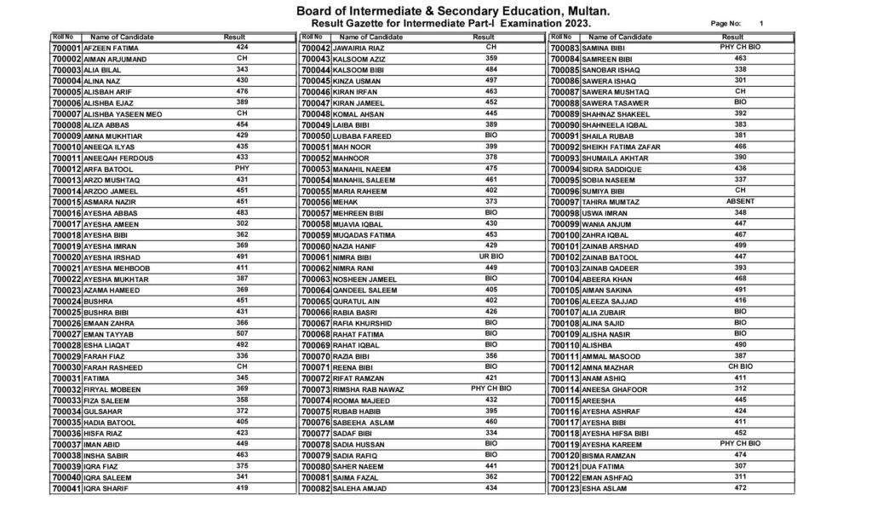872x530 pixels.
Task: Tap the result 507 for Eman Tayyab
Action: pos(242,333)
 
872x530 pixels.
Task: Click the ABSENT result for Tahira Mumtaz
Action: pos(739,201)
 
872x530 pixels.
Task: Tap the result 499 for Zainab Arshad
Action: pos(739,245)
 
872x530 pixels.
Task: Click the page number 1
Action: pos(761,23)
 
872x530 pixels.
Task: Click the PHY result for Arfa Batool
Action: pos(242,168)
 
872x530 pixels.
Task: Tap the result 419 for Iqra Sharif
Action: pos(242,487)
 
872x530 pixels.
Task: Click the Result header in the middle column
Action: pos(484,37)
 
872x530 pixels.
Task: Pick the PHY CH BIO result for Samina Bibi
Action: pos(739,47)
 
